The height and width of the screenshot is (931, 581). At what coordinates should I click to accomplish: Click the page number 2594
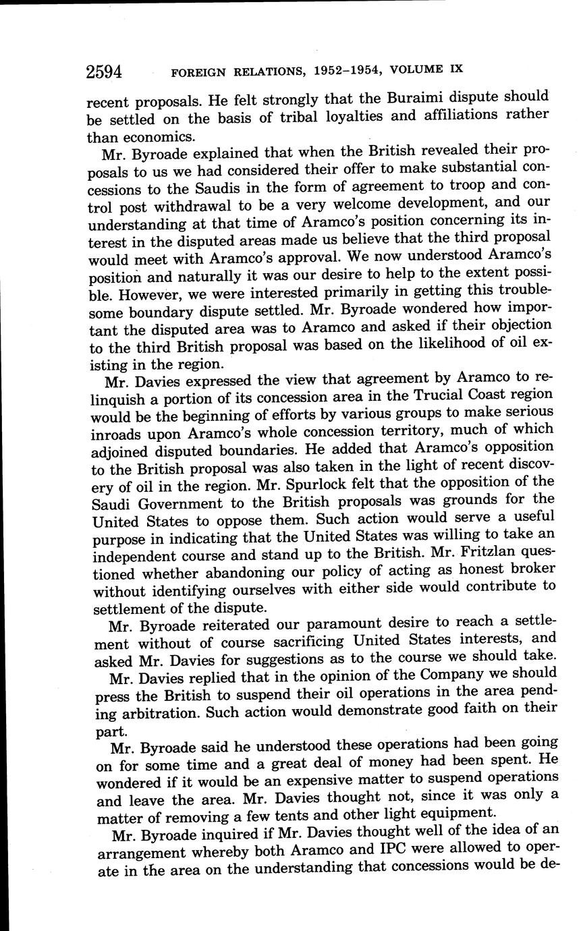click(x=108, y=71)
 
